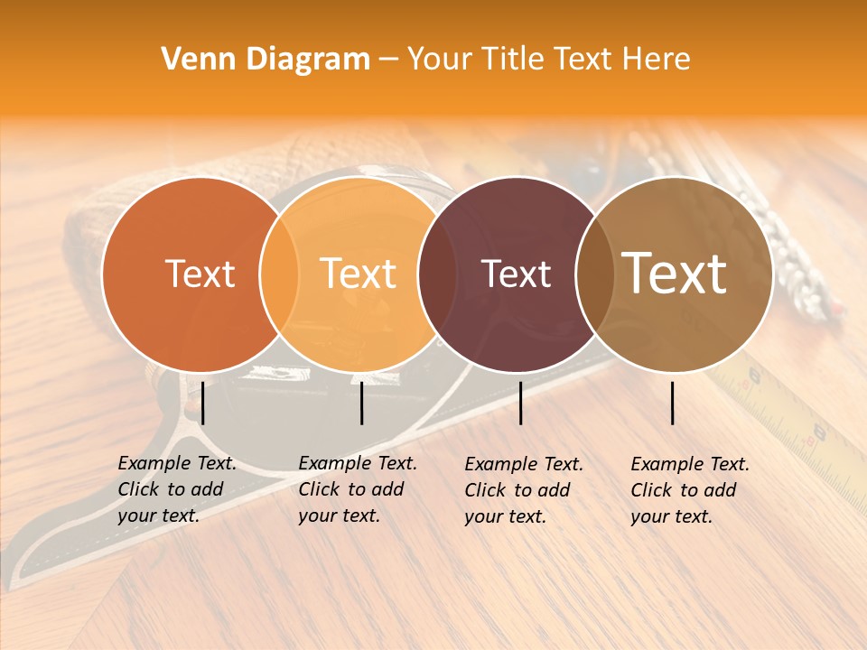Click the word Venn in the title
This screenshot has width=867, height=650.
(192, 60)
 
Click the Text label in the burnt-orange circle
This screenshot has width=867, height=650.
(200, 274)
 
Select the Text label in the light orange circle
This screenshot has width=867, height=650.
(359, 274)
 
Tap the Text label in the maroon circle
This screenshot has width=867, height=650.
(517, 274)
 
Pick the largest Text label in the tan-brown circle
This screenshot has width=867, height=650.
(675, 273)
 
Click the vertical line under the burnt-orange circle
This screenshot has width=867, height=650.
(203, 403)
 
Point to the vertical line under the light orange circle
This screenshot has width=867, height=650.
(361, 403)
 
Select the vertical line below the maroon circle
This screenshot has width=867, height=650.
(520, 403)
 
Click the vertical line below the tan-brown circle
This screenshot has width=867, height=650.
(672, 403)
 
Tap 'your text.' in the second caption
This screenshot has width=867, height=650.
(339, 515)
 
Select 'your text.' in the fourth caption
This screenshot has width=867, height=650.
(671, 516)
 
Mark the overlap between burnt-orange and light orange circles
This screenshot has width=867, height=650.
(279, 274)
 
